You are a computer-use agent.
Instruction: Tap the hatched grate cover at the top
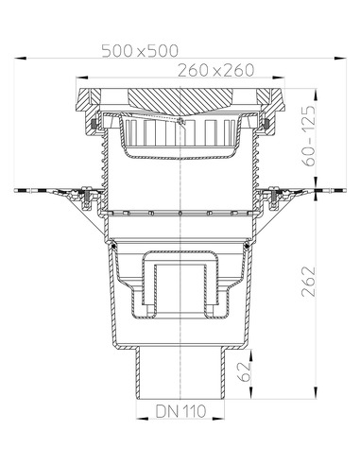(x=180, y=98)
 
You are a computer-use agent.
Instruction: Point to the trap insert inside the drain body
(x=180, y=284)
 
